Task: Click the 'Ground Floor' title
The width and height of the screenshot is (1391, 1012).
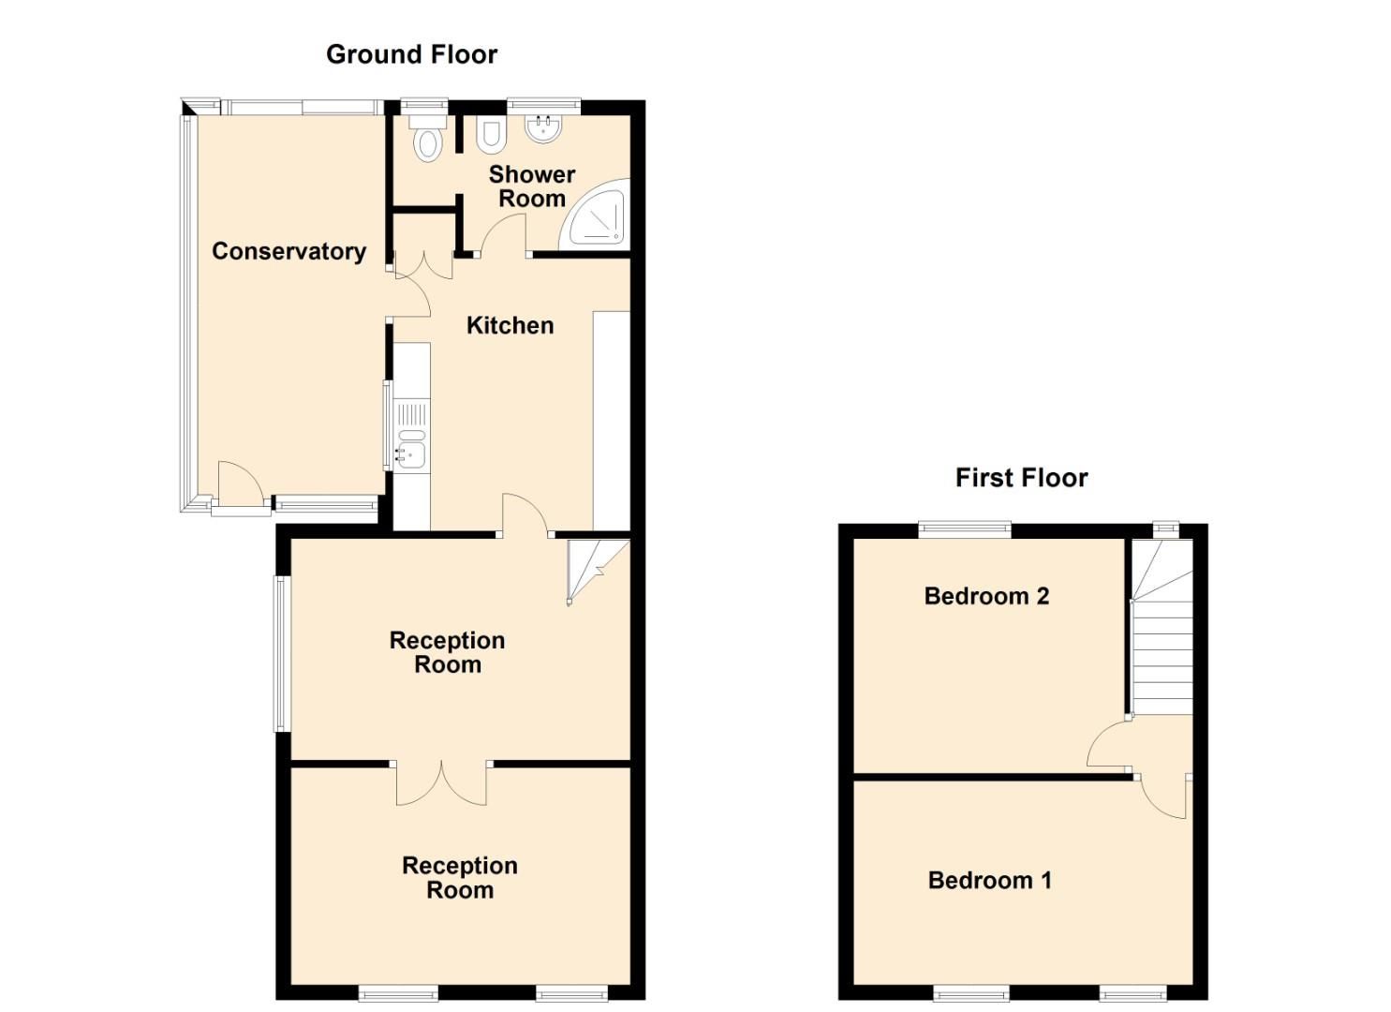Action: tap(411, 54)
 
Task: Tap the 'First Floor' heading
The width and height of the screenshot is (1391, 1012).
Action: tap(1021, 478)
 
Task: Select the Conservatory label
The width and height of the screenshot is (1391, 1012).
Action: tap(289, 251)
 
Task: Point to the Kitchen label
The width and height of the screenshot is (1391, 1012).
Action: tap(510, 325)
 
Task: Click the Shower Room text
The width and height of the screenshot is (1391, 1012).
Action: tap(531, 186)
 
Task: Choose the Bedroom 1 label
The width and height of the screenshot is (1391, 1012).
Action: tap(989, 880)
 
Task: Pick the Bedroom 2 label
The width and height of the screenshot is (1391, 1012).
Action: tap(986, 596)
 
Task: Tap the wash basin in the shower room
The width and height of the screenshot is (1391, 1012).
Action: tap(542, 128)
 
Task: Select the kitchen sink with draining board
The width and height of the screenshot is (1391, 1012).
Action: tap(411, 435)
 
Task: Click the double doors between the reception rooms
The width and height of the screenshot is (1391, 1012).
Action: tap(441, 781)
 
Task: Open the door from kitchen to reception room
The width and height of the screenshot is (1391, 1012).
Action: tap(525, 515)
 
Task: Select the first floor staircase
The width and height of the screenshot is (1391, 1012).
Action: tap(1162, 628)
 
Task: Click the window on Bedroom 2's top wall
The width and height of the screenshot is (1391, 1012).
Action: tap(965, 528)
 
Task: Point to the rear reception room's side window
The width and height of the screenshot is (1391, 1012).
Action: tap(280, 652)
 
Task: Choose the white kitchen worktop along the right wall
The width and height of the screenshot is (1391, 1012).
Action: tap(612, 422)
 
